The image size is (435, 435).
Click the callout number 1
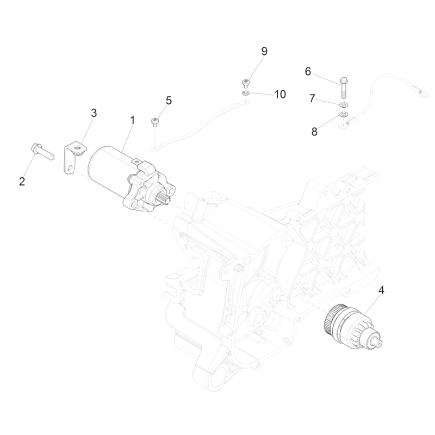click(x=131, y=119)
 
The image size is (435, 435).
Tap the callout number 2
click(x=22, y=182)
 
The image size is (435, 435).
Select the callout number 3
click(x=94, y=113)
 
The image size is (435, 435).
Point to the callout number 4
click(x=381, y=290)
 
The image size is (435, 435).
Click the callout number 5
click(x=169, y=100)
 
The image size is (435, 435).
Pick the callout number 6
click(x=308, y=71)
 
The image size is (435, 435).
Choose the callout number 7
click(x=312, y=98)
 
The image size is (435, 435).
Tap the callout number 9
click(x=264, y=52)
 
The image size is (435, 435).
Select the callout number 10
click(x=279, y=94)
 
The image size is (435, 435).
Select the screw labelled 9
click(x=245, y=83)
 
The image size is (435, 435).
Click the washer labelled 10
click(x=245, y=94)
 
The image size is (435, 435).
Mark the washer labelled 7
click(x=344, y=104)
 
